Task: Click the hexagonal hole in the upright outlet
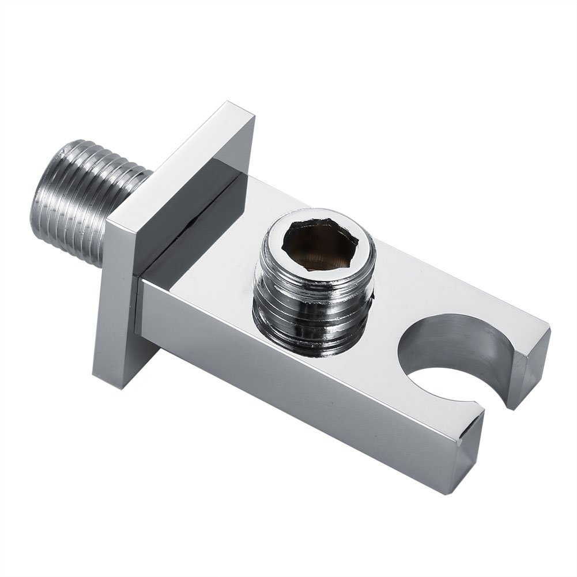tap(316, 246)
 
